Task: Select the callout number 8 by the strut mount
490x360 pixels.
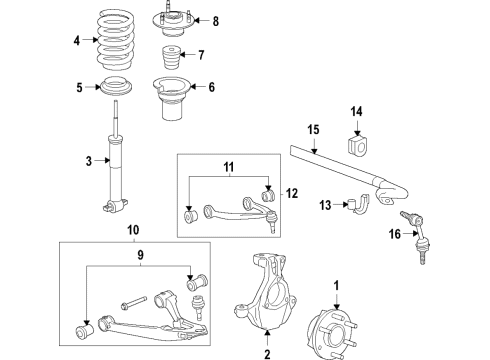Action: pos(214,20)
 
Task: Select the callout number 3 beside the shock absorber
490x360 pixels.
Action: pos(89,161)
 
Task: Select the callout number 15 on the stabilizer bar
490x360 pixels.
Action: pos(312,130)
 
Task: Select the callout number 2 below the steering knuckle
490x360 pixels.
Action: pos(267,352)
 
